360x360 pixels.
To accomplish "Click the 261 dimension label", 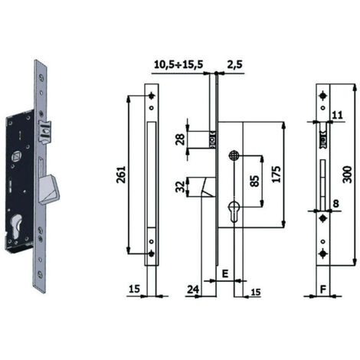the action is pos(121,175).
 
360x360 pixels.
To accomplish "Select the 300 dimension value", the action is pos(347,175).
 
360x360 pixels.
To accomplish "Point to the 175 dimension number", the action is pos(276,175).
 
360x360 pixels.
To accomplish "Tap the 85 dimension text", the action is pos(254,181).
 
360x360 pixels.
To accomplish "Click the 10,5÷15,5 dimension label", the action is pos(178,64).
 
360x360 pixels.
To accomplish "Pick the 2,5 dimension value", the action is pos(234,64).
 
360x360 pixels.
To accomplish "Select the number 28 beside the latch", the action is pos(180,139).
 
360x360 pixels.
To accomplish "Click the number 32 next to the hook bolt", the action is pos(180,187).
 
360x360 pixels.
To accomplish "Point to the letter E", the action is pos(225,273).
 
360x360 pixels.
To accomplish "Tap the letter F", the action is pos(323,290).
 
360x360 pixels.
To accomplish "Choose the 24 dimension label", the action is pos(193,290).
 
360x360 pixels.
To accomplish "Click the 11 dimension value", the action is pos(338,115).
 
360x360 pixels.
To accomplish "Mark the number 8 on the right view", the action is pos(336,204).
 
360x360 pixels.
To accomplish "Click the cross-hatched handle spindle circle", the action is pos(234,155).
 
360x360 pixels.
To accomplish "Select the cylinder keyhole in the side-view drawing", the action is pos(234,210).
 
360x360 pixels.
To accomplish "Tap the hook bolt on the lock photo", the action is pos(49,189).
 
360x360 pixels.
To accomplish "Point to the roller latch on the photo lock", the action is pos(44,133).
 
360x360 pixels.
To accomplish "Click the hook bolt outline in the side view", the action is pos(208,187).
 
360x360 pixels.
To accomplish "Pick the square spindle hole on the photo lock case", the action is pos(17,155).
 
